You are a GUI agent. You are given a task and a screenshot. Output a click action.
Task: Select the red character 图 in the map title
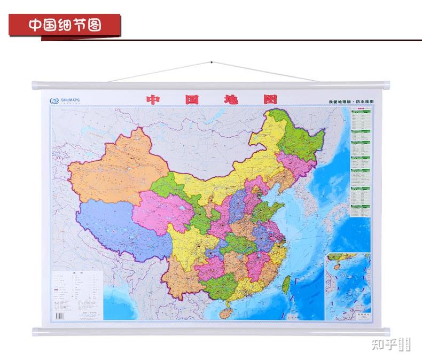[x=270, y=100]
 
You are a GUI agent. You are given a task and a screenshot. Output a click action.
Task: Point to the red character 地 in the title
[x=232, y=100]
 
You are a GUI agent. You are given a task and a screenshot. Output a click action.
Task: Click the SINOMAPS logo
[x=65, y=100]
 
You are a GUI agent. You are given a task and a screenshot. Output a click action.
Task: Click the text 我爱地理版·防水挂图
[x=352, y=100]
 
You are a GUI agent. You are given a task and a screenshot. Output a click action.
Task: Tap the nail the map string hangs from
[x=212, y=63]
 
